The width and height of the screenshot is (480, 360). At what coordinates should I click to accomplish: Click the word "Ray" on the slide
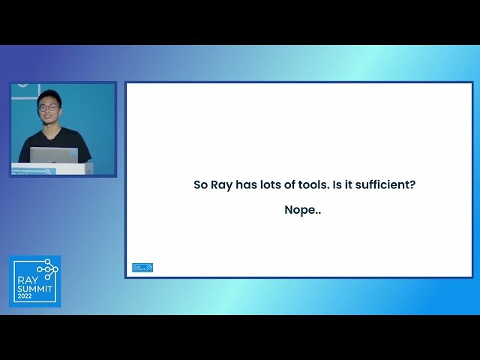coord(220,184)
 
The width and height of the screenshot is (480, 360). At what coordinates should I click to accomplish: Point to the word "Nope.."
coord(302,210)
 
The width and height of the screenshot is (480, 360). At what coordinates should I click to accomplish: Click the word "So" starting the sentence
coord(200,184)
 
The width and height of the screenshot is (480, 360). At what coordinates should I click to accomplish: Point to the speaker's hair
coord(49,97)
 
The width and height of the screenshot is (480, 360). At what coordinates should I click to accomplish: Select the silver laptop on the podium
coord(54,155)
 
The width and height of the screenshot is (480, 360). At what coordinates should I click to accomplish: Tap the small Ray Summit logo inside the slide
coord(142,267)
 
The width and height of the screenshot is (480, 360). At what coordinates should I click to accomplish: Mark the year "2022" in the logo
coord(25,295)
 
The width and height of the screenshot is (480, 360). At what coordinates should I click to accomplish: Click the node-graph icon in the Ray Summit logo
coord(48,268)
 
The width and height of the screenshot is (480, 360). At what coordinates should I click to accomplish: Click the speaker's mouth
coord(49,118)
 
